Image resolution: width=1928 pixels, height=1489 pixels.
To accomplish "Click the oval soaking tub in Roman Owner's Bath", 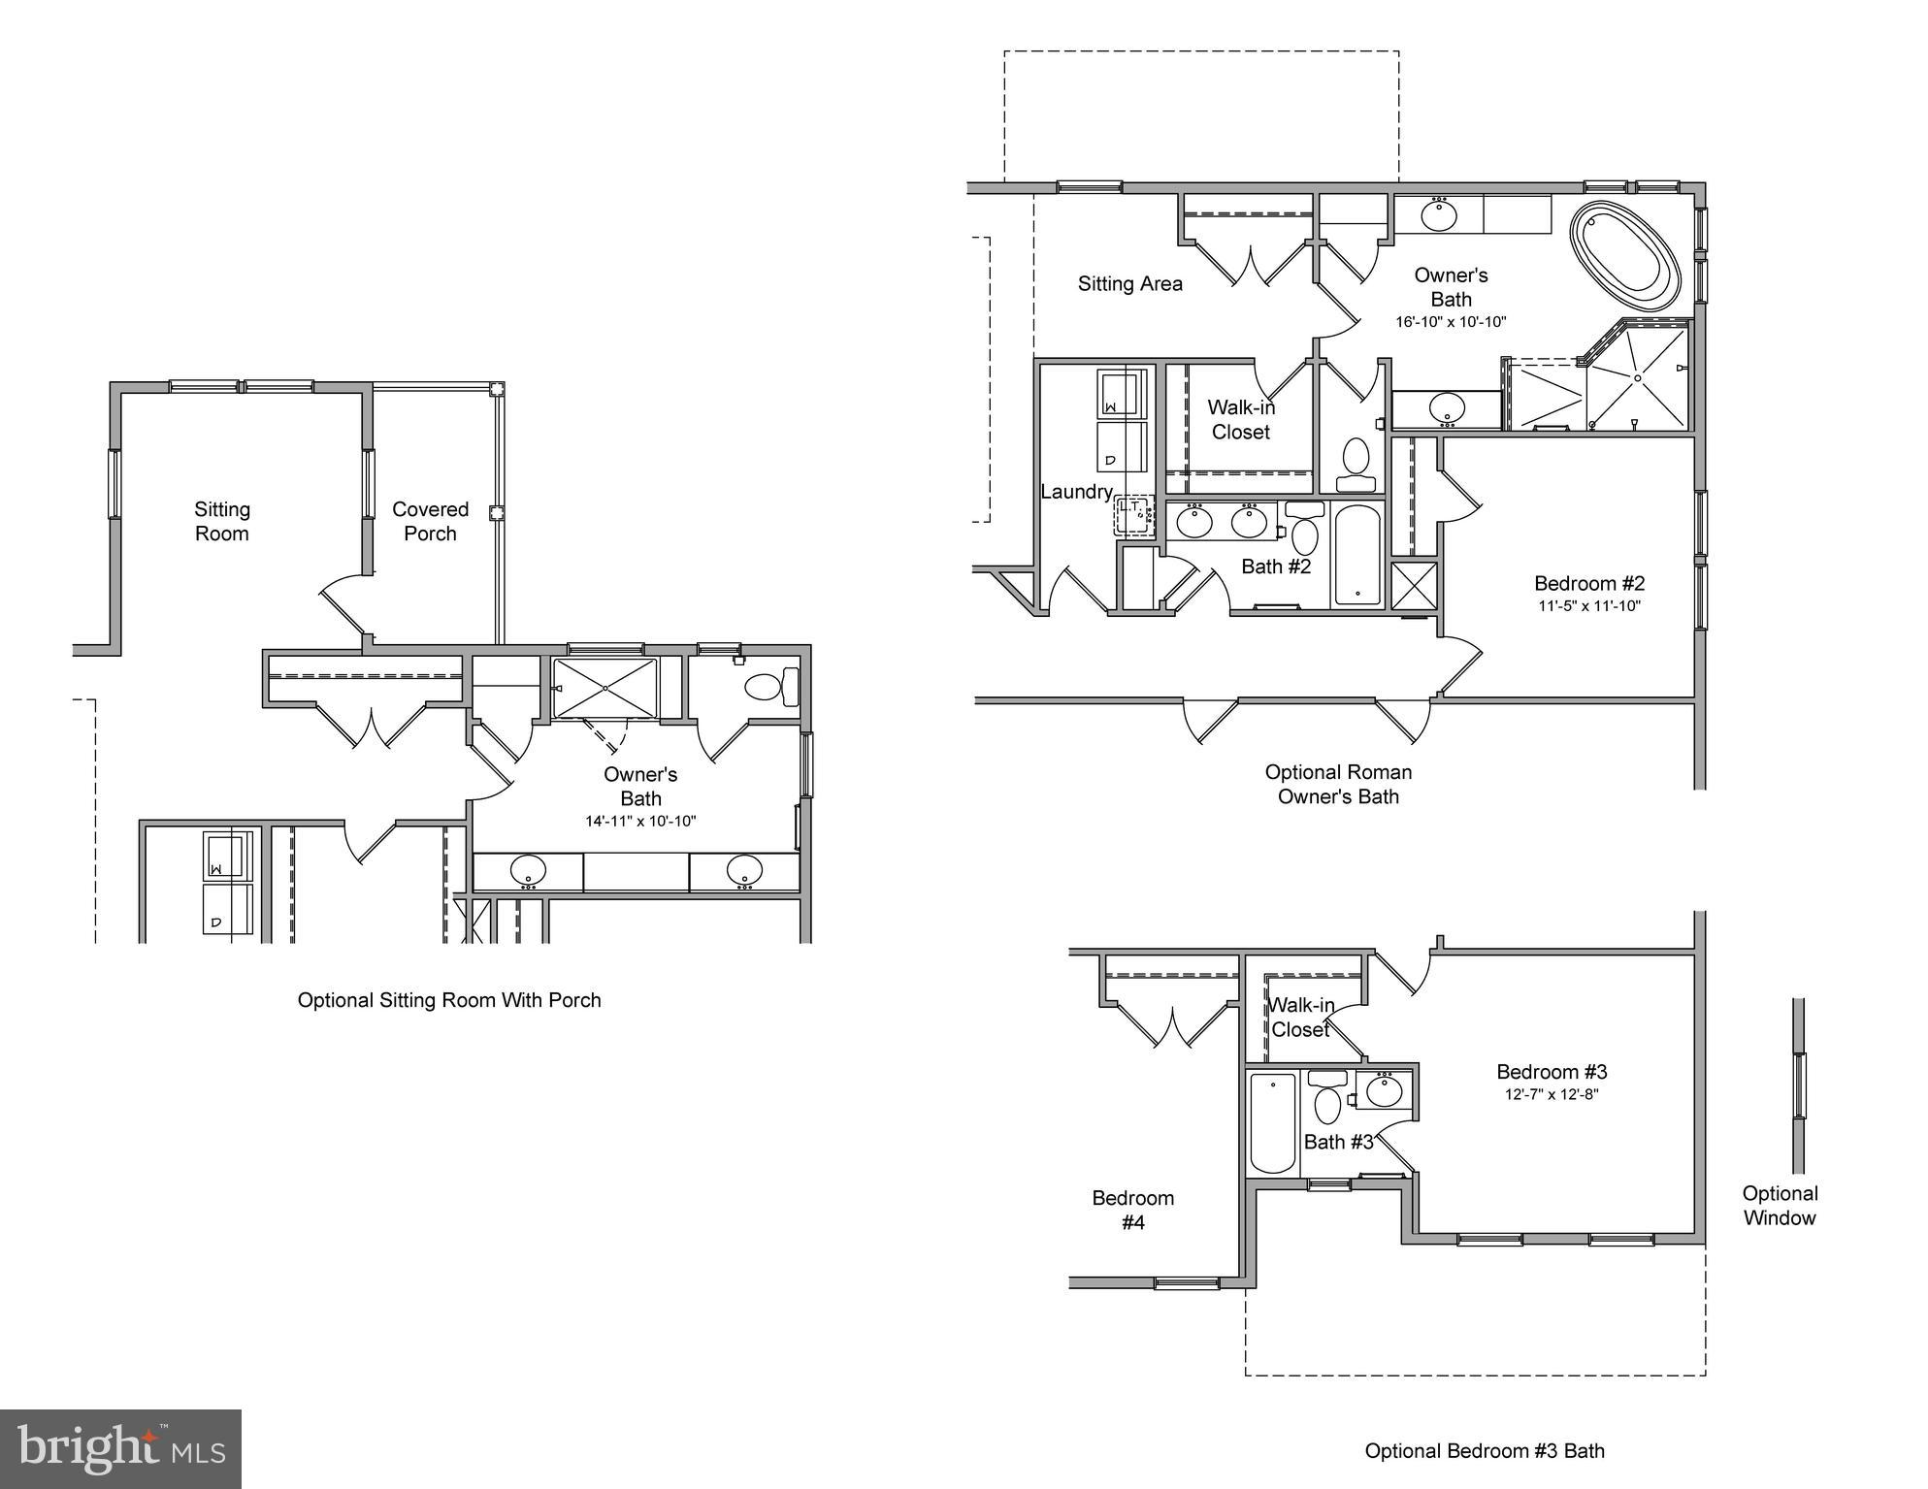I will point(1625,257).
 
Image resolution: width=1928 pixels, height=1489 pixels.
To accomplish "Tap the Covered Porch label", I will point(430,521).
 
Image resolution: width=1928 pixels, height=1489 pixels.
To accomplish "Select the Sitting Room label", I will point(222,521).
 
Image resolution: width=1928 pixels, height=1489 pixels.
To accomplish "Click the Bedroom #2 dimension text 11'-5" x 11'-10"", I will point(1588,606).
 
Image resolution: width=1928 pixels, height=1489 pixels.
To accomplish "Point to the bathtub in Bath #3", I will point(1272,1123).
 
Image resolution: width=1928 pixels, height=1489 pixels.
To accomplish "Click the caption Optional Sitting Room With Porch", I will point(449,1000).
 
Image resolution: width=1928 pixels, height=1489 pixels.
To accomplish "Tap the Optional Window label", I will point(1780,1206).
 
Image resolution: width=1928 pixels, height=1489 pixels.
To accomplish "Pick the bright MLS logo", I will point(120,1449).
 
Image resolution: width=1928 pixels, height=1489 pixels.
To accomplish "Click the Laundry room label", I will point(1076,492).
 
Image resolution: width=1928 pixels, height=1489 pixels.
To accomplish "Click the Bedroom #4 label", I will point(1132,1210).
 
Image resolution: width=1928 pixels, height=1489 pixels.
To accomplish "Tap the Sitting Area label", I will point(1129,284).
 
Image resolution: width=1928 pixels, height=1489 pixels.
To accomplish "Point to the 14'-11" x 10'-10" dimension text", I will point(640,822).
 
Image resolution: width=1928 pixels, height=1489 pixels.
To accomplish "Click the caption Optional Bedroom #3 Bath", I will point(1485,1451).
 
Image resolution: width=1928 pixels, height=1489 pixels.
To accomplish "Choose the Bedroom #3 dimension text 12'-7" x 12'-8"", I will point(1552,1094).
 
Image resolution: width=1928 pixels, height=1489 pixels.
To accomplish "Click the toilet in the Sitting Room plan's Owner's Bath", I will point(768,687).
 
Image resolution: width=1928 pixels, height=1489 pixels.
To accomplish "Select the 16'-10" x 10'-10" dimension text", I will point(1451,322).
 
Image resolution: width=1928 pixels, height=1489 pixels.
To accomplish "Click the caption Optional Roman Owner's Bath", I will point(1338,784).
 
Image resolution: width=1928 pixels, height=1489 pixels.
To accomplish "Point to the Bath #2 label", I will point(1276,566).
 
